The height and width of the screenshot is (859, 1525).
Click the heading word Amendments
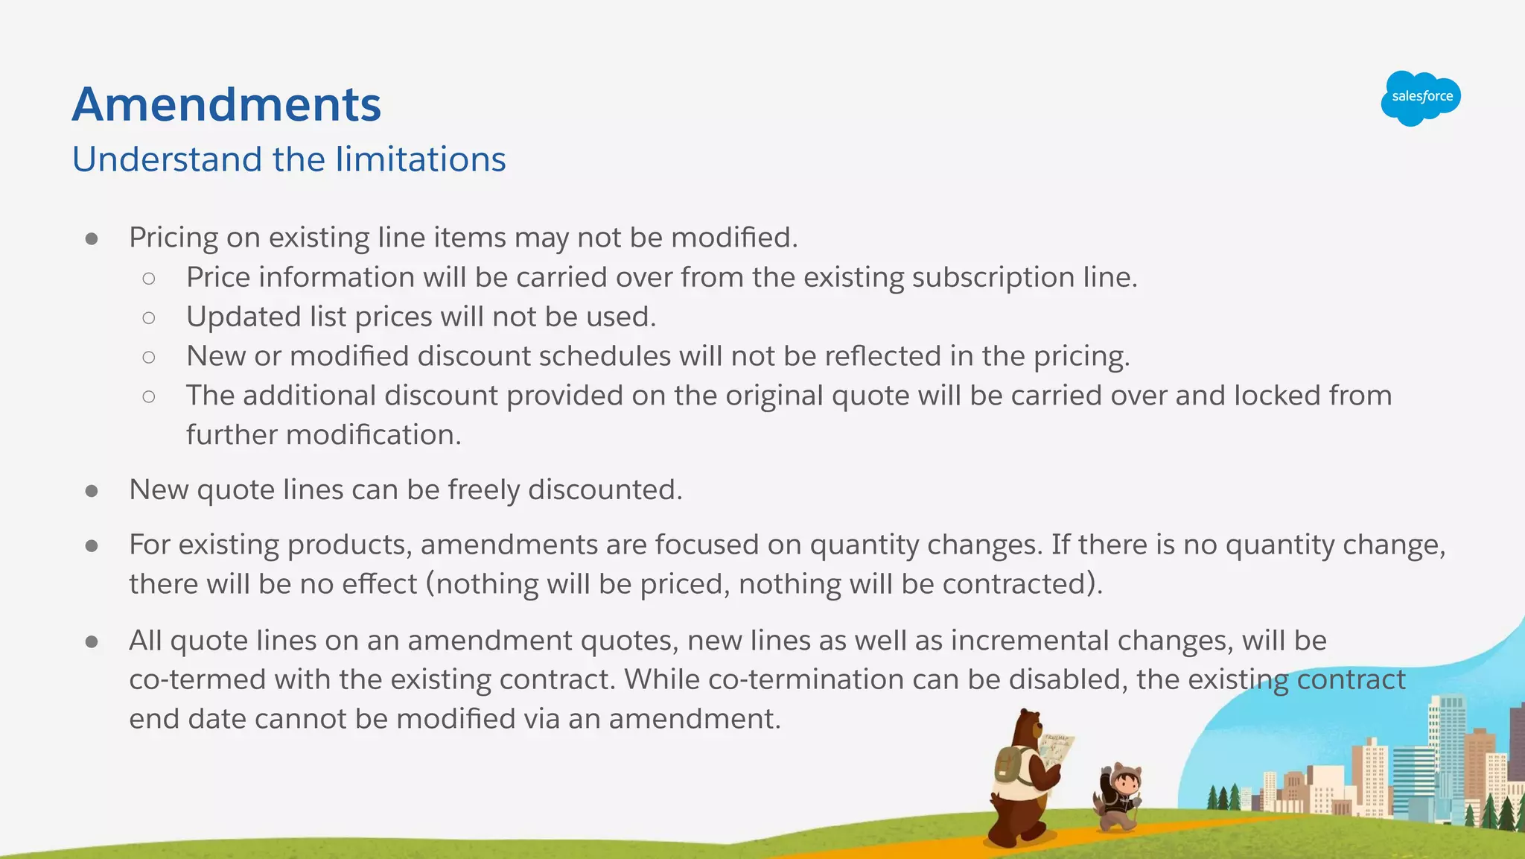click(x=226, y=104)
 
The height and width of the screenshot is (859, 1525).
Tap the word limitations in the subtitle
click(x=421, y=159)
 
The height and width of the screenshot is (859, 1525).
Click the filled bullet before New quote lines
click(x=92, y=491)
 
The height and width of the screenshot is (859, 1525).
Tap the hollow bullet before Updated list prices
click(x=149, y=318)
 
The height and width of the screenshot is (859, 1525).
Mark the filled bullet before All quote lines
click(x=92, y=641)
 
